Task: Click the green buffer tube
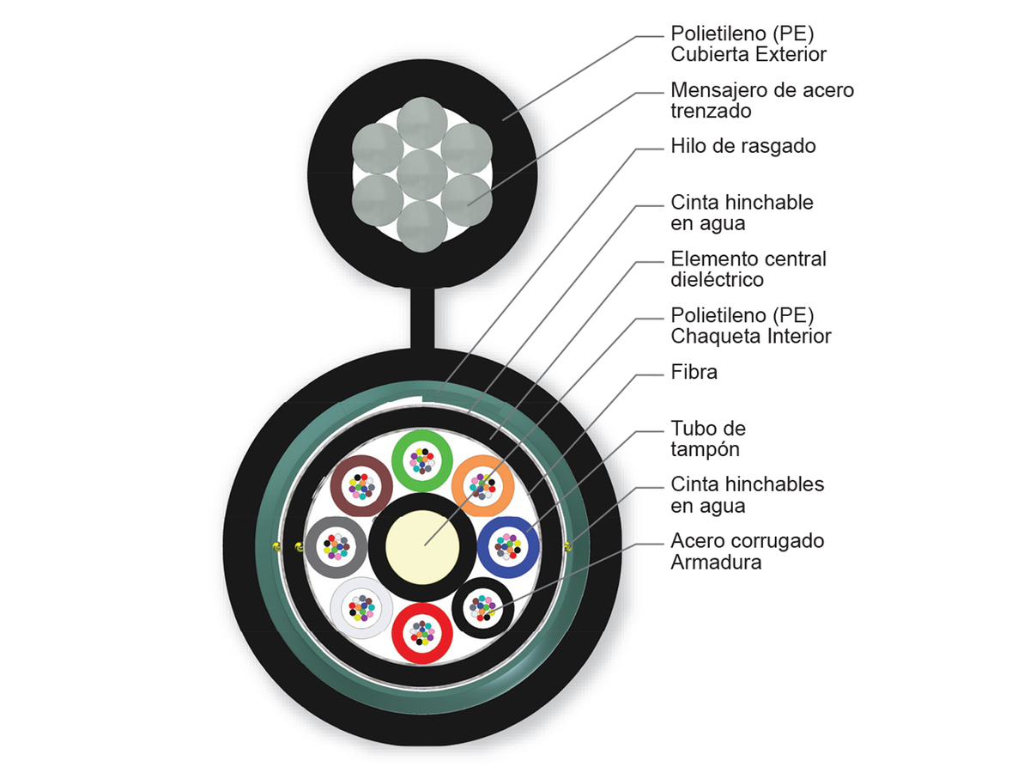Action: pos(422,460)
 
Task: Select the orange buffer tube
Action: pos(482,486)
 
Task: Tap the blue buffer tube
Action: pos(508,545)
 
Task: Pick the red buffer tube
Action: pos(422,631)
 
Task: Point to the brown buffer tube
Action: pos(361,486)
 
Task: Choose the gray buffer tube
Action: pos(336,545)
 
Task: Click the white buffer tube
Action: pos(361,606)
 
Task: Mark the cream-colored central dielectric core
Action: pos(422,546)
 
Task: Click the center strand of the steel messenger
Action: pos(422,175)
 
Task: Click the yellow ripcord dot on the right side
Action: pos(568,545)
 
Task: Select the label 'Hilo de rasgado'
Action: pos(742,146)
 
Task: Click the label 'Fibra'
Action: pos(694,373)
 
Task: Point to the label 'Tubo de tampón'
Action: pos(708,438)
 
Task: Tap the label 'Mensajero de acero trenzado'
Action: pos(761,100)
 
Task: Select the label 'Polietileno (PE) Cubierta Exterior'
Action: pos(748,44)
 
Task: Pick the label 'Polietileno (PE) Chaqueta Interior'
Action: pos(750,326)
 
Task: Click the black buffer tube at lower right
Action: pos(482,606)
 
